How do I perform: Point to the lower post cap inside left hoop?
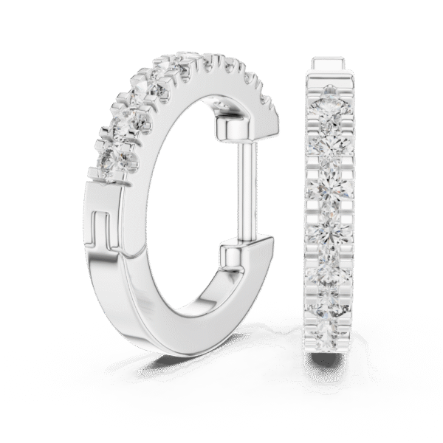(235, 258)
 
